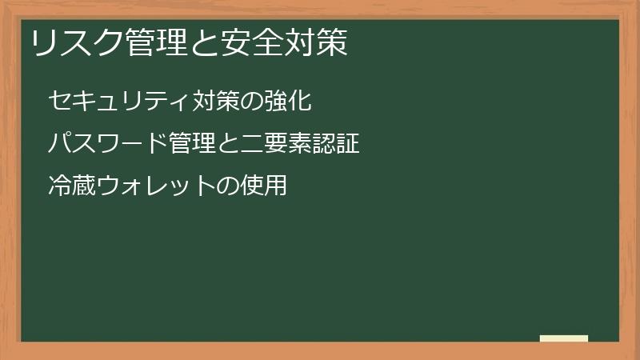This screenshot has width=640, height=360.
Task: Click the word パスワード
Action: tap(97, 145)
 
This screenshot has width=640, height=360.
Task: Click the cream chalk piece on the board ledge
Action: tap(564, 338)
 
